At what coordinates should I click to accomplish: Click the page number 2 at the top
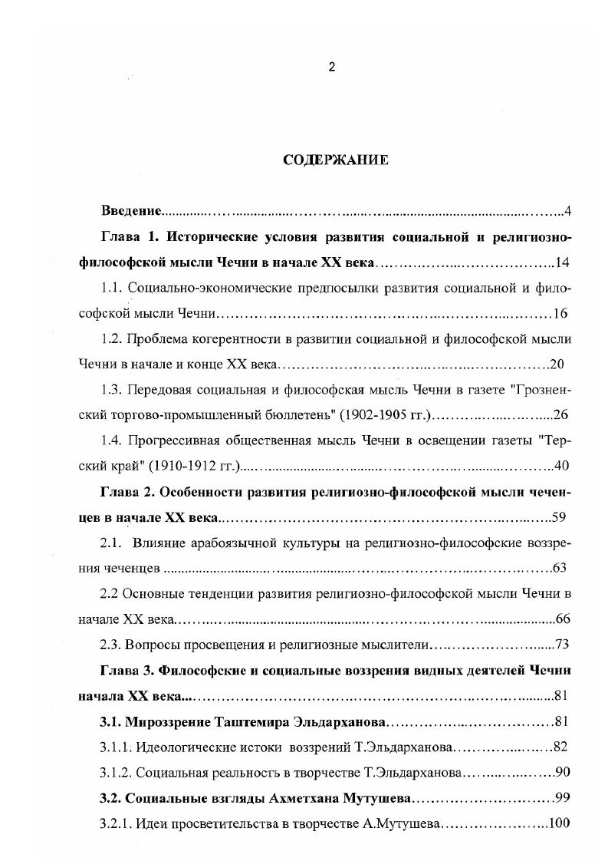pos(331,67)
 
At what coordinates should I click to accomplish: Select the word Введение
pos(131,210)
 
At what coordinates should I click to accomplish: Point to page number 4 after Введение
pos(567,210)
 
